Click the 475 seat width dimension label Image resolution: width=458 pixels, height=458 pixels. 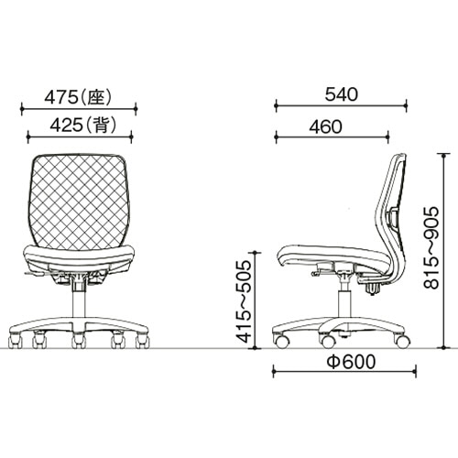78,98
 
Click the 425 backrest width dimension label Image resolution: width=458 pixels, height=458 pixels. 83,125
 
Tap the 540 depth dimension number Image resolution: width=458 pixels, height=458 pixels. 341,94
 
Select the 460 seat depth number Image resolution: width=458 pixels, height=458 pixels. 325,127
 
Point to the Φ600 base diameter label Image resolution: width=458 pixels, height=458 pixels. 351,362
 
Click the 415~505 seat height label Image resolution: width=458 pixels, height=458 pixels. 245,301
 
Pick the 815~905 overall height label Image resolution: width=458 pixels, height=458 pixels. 431,248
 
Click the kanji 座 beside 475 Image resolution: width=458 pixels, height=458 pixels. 96,98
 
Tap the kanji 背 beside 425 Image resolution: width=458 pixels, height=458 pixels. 101,125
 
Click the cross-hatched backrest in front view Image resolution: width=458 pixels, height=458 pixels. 79,200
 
